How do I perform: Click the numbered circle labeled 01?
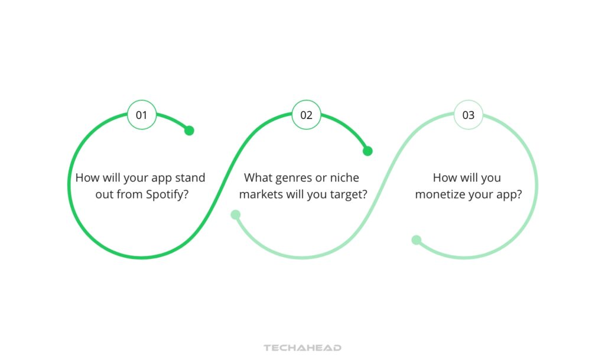142,115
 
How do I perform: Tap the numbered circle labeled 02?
306,115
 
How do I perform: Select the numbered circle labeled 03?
468,115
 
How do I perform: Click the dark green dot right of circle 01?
189,131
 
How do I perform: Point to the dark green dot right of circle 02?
367,151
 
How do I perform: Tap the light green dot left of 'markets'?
235,215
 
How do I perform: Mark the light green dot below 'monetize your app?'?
417,240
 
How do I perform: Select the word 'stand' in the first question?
191,178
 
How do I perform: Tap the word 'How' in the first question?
87,178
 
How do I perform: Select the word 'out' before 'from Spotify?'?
104,194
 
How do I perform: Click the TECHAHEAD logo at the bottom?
302,348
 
